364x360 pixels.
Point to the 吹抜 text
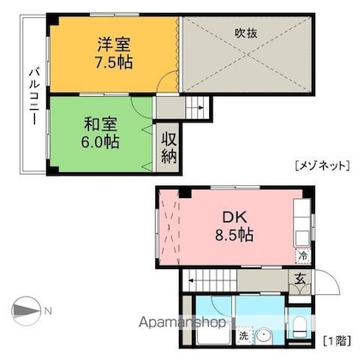[x=247, y=34]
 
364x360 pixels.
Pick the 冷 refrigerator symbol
[x=303, y=255]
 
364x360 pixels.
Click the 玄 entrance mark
[x=301, y=278]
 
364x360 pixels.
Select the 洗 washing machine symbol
[x=244, y=335]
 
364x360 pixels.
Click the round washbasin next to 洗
[x=264, y=335]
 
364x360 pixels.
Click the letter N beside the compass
[x=50, y=309]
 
